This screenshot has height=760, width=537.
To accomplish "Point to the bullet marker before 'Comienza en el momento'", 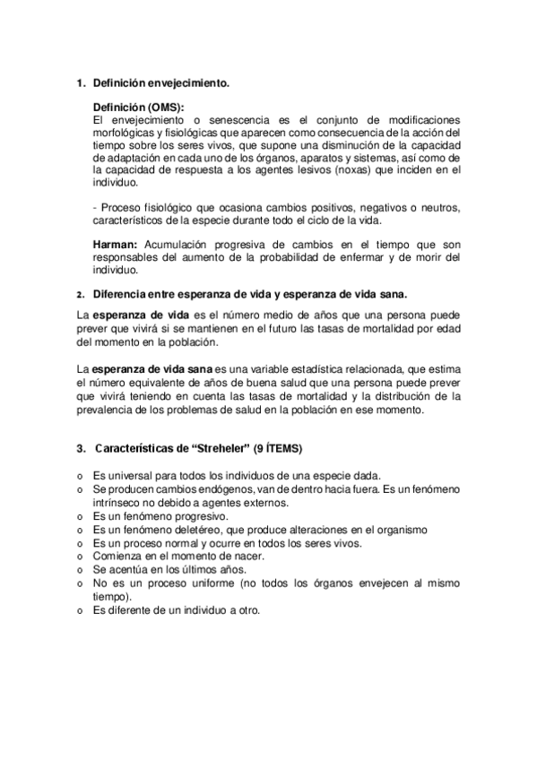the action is [80, 557].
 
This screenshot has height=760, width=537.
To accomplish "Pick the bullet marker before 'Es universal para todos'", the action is [80, 475].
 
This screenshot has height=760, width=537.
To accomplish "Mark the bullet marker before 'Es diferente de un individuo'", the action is [80, 611].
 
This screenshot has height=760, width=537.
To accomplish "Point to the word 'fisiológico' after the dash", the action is [161, 207].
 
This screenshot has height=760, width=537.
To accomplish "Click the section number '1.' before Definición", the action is [79, 83].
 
